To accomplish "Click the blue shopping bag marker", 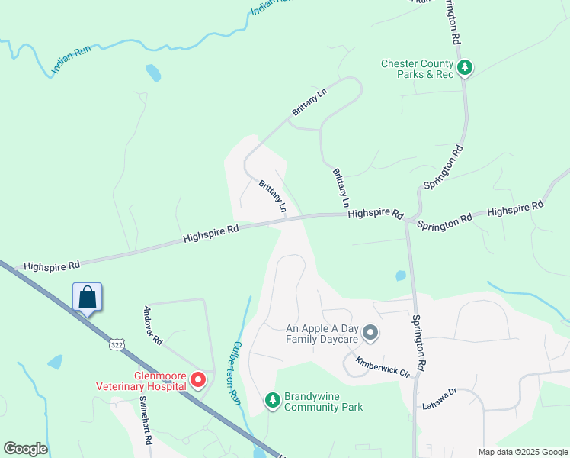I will [87, 298].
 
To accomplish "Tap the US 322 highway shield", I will [116, 344].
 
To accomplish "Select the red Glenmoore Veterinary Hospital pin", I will [198, 379].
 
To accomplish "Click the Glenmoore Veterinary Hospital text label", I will [140, 380].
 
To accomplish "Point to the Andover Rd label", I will [153, 326].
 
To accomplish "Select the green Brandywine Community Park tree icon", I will [273, 399].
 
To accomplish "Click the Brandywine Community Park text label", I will [323, 402].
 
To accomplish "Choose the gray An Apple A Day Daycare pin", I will [370, 332].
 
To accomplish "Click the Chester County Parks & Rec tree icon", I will [464, 69].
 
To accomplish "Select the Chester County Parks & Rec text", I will [418, 69].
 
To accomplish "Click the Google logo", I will [25, 449].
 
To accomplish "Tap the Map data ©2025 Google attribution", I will [523, 452].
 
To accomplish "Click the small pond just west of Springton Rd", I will [400, 276].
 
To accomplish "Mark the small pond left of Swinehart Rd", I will [55, 362].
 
